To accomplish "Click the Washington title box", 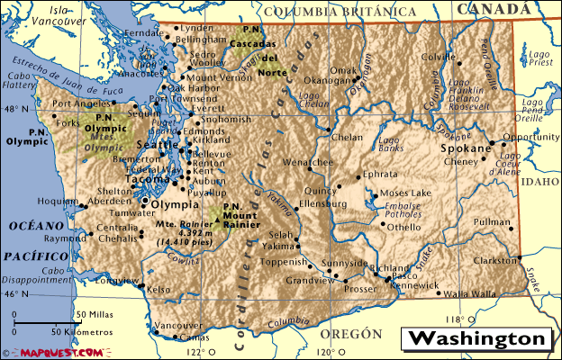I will [x=477, y=339].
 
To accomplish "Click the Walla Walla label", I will [x=469, y=293].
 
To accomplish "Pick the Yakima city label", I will [x=278, y=245].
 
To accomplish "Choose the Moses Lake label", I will [x=405, y=193].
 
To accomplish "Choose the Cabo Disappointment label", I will [x=45, y=274].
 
